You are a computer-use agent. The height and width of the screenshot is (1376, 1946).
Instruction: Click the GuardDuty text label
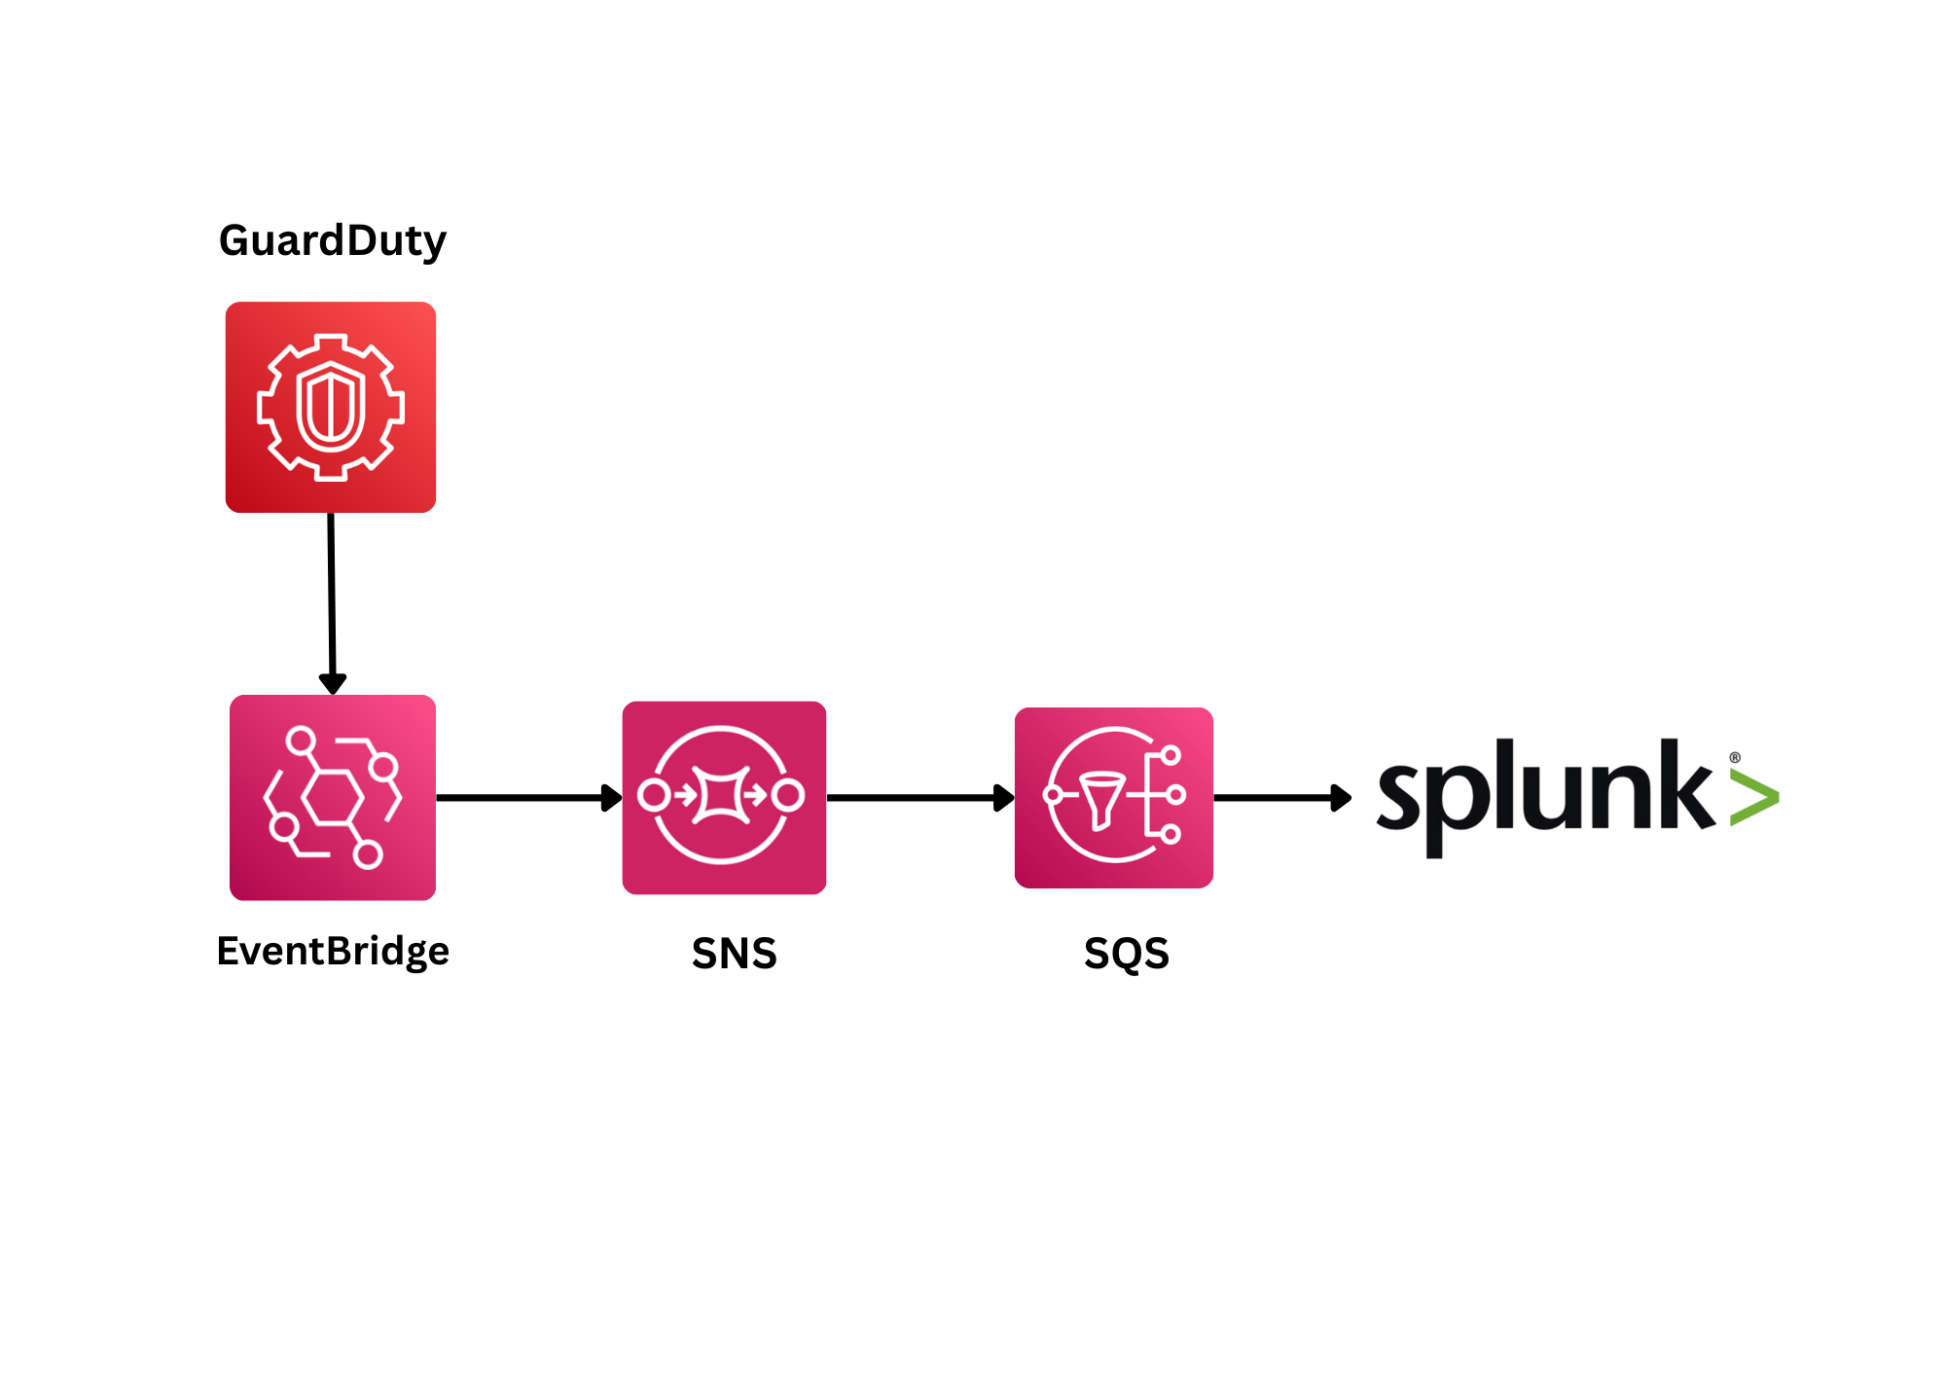332,240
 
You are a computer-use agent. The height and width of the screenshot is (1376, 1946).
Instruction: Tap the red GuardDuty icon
331,407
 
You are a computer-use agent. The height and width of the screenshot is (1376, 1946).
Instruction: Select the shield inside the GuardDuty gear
331,406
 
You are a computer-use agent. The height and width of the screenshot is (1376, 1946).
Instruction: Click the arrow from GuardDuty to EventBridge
332,594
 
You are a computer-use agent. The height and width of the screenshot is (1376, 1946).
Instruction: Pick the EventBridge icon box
333,797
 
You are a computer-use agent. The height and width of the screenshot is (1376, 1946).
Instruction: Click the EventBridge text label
333,951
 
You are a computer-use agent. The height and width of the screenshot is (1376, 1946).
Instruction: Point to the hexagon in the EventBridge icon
333,797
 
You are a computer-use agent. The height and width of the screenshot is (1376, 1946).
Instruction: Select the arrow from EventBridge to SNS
525,798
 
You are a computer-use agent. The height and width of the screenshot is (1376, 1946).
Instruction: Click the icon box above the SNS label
724,797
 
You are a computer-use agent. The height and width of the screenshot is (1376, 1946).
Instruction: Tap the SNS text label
735,954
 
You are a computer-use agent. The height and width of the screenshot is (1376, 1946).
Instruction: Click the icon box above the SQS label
1113,797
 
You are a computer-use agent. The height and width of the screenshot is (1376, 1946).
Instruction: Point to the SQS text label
1127,954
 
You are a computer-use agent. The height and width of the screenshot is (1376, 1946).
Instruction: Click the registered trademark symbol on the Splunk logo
1735,757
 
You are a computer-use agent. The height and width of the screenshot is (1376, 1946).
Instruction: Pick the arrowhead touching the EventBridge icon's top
333,683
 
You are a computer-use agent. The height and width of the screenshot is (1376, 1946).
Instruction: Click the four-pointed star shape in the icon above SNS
721,795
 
